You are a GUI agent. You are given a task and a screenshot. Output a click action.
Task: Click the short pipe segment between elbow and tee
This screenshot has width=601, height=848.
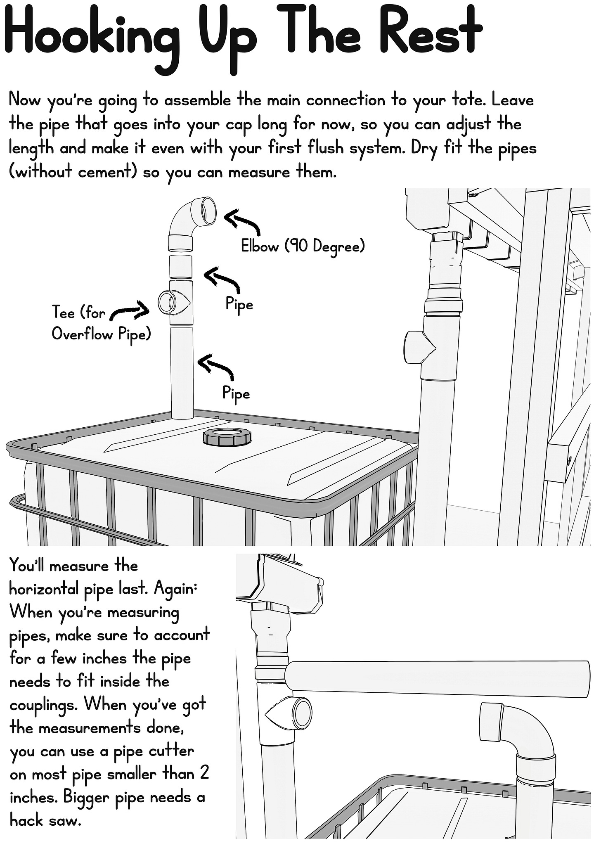point(181,266)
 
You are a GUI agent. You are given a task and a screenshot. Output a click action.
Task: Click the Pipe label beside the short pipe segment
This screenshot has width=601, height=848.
point(239,304)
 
